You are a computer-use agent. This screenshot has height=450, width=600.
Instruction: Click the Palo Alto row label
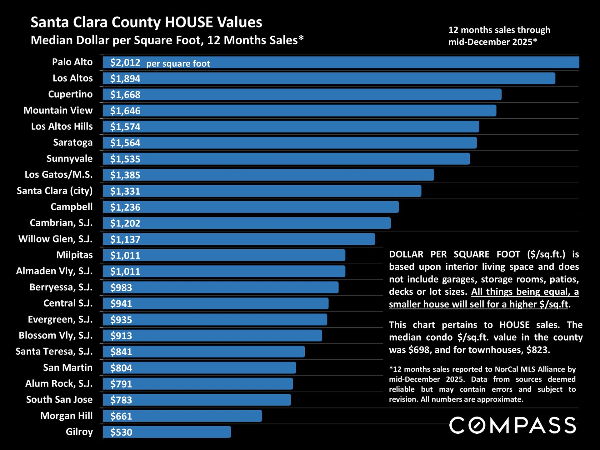point(72,62)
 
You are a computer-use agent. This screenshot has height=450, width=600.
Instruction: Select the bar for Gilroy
point(167,432)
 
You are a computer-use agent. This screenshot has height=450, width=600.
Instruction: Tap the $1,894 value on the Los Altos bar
point(125,78)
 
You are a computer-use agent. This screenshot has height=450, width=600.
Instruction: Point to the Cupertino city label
point(70,94)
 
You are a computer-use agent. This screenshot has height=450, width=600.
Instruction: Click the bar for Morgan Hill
point(182,416)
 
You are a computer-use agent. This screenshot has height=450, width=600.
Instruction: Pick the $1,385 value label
point(125,175)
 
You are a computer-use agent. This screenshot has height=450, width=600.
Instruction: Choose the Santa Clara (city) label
point(55,191)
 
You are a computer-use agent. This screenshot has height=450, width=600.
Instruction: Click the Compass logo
point(512,425)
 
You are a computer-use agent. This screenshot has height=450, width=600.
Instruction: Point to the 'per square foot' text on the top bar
point(178,64)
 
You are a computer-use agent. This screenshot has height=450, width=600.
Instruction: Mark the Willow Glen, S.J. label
point(55,239)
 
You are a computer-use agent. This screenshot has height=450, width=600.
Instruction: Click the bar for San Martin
point(199,368)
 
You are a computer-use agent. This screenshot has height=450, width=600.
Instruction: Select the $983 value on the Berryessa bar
point(121,287)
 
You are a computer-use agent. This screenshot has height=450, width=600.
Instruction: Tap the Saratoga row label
point(73,142)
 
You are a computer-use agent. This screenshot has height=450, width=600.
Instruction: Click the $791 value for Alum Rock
point(121,384)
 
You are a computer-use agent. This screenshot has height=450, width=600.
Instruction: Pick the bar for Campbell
point(251,207)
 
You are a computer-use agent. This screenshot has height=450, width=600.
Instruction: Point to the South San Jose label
point(59,400)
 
